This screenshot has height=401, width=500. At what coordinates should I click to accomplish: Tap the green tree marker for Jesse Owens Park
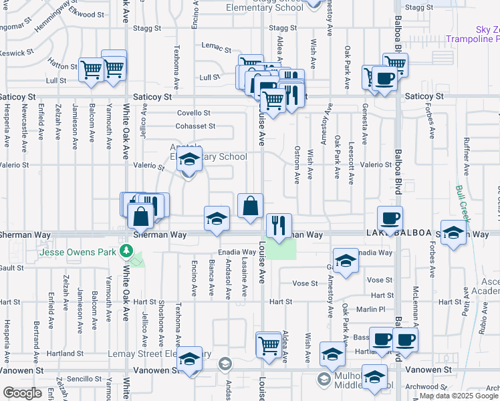tap(127, 252)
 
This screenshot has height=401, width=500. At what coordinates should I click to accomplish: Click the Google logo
tap(22, 392)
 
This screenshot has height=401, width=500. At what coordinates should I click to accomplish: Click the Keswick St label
tap(17, 52)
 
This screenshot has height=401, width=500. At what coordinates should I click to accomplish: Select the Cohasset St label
tap(195, 126)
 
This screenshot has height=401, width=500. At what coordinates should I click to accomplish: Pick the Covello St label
tap(193, 113)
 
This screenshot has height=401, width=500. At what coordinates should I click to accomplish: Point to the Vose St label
tap(380, 281)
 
